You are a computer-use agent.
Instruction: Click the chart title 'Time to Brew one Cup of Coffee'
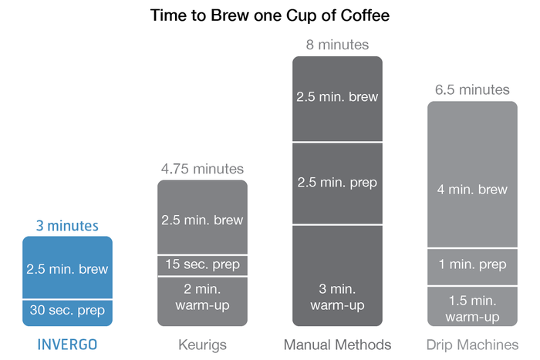(x=270, y=15)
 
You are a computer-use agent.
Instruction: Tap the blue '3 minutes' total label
(x=68, y=226)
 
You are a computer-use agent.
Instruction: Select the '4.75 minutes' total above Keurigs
(x=202, y=169)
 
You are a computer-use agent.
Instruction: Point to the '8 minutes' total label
(x=338, y=45)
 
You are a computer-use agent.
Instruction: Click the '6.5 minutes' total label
(x=472, y=90)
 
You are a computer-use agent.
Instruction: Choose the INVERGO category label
(x=68, y=345)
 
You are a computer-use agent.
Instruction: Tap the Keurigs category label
(x=202, y=345)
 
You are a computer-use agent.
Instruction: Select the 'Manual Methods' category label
(x=338, y=345)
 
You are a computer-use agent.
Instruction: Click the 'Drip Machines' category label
(x=472, y=345)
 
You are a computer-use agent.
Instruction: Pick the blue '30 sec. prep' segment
(x=68, y=313)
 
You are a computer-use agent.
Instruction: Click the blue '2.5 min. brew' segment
(x=68, y=267)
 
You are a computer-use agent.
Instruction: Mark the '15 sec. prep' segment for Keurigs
(x=202, y=265)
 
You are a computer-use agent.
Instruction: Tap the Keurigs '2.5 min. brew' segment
(x=202, y=217)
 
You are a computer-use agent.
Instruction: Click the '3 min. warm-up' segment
(x=338, y=276)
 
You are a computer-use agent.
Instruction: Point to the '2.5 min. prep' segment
(x=338, y=183)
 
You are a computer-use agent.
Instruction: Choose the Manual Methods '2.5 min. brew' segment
(x=338, y=99)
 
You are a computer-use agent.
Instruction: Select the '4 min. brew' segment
(x=472, y=174)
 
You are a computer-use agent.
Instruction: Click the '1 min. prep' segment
(x=472, y=267)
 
